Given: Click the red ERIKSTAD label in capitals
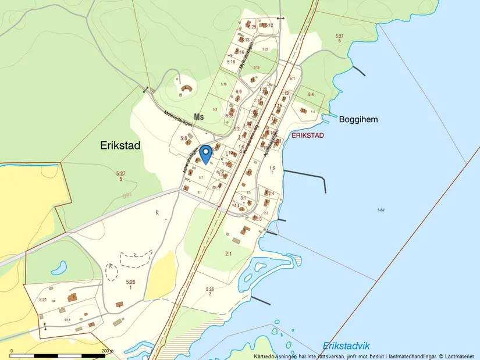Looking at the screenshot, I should [307, 135].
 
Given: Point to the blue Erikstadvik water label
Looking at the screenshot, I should [347, 345].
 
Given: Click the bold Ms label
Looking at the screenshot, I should [199, 117].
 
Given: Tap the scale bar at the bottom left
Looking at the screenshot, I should [58, 354].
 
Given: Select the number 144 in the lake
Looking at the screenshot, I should [381, 210].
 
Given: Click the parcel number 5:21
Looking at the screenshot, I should [42, 300].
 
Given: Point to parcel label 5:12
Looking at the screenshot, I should [268, 25].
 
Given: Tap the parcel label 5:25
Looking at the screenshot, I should [251, 27].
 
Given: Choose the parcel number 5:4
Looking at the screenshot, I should [311, 94].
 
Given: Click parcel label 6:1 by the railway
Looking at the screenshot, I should [292, 79].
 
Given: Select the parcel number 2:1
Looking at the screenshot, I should [228, 254].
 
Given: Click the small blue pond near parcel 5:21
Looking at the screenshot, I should [58, 268].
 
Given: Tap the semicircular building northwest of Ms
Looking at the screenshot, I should [187, 89].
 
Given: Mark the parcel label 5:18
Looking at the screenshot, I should [231, 62].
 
